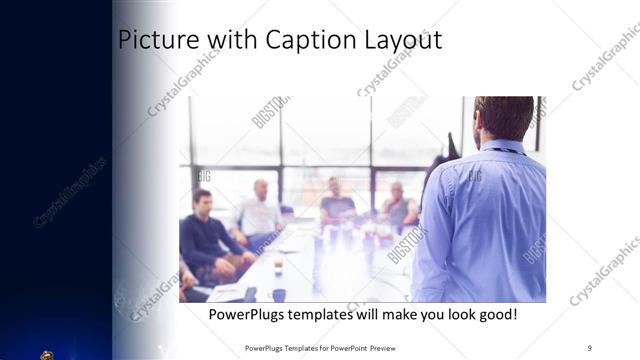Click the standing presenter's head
503,118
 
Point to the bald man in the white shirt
259,210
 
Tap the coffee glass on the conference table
278,267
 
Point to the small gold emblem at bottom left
46,354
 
